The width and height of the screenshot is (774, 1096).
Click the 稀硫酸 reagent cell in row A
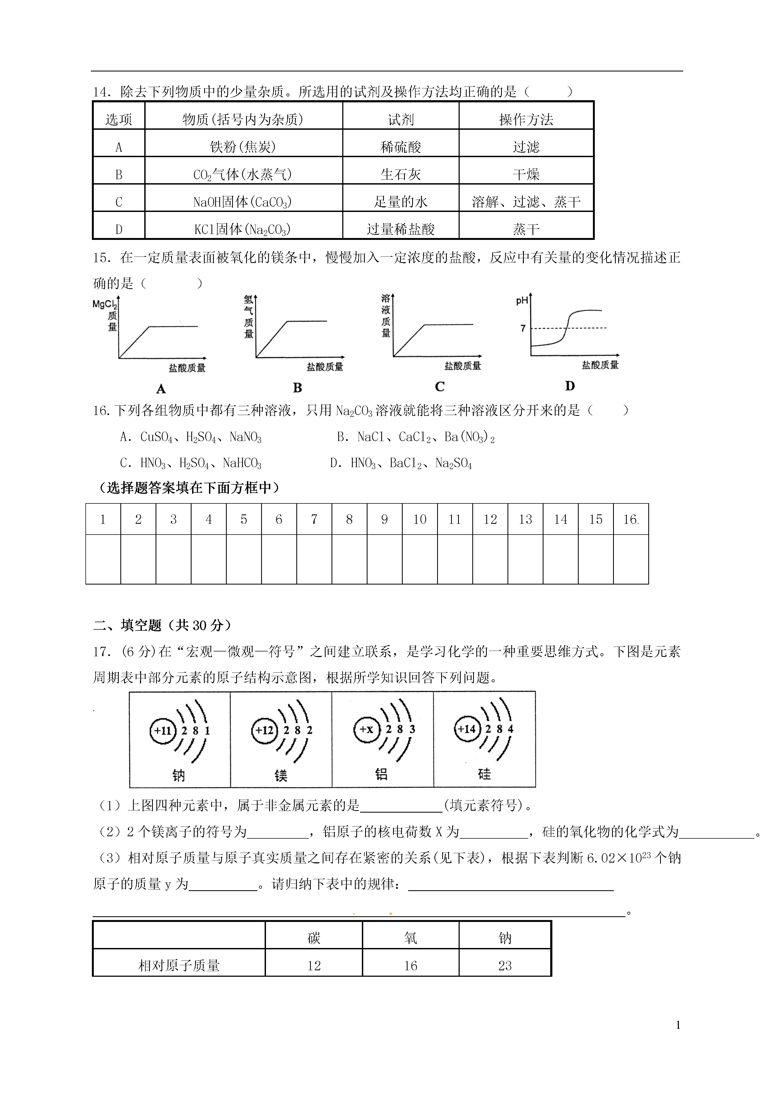click(401, 147)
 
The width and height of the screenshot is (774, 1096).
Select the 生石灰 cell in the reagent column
click(401, 174)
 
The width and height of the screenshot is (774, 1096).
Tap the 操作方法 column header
click(526, 119)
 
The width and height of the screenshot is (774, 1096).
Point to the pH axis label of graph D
click(522, 301)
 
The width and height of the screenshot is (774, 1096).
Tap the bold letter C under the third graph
click(440, 387)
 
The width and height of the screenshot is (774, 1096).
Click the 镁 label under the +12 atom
click(281, 775)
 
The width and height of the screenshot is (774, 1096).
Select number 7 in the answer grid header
click(314, 519)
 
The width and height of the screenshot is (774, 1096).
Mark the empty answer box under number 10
click(420, 559)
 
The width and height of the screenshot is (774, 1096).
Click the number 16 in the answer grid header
click(630, 519)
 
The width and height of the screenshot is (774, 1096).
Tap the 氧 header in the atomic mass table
click(411, 939)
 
